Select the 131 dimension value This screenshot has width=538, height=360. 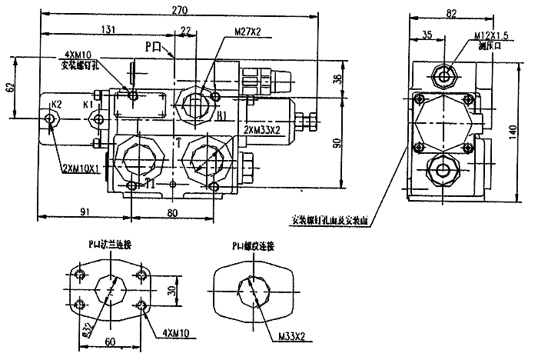(108, 31)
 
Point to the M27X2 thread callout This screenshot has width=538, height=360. (247, 33)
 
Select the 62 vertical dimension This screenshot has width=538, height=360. (10, 88)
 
